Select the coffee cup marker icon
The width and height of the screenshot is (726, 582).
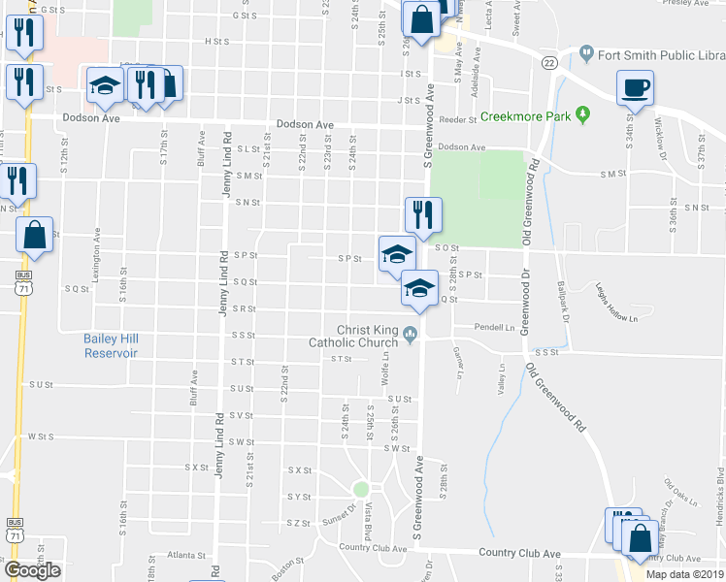[x=636, y=88]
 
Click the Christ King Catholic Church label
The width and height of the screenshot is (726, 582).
[x=354, y=336]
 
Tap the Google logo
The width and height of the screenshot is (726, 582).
[x=32, y=569]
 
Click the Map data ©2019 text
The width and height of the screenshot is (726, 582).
[x=684, y=574]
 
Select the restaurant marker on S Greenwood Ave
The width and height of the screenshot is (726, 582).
[x=423, y=214]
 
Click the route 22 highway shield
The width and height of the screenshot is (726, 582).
[x=549, y=63]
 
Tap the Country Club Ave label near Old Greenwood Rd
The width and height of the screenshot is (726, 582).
[x=520, y=553]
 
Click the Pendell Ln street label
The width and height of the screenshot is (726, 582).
[x=495, y=327]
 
